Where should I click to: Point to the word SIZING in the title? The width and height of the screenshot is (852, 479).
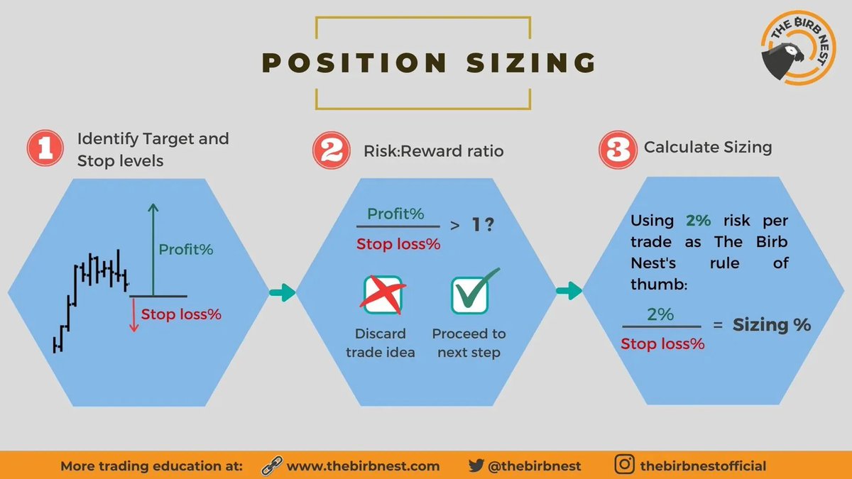tap(532, 62)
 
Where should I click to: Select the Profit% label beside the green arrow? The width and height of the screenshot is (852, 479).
tap(186, 250)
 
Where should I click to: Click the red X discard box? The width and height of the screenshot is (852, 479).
tap(383, 294)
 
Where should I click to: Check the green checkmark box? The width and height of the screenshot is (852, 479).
tap(471, 293)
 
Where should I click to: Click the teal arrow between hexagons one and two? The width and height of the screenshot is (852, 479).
tap(283, 292)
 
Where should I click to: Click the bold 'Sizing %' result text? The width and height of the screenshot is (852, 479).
tap(772, 325)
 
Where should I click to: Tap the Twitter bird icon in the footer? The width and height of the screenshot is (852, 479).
tap(476, 466)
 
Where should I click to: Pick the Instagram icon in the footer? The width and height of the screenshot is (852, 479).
tap(625, 466)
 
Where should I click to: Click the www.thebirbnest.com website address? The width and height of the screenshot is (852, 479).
tap(364, 466)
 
